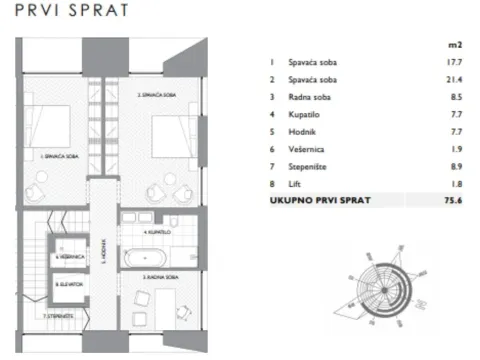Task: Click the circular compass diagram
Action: coord(375,281)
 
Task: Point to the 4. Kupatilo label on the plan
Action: coord(158,231)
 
